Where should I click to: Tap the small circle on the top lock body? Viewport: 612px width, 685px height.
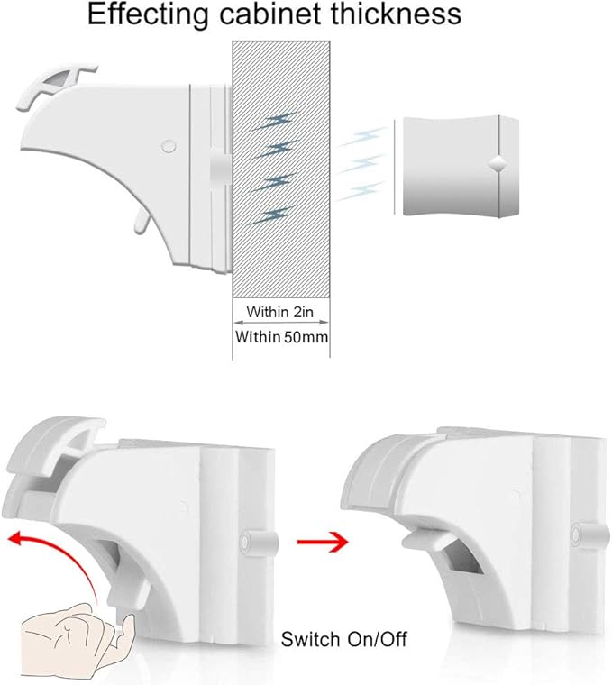167,144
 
